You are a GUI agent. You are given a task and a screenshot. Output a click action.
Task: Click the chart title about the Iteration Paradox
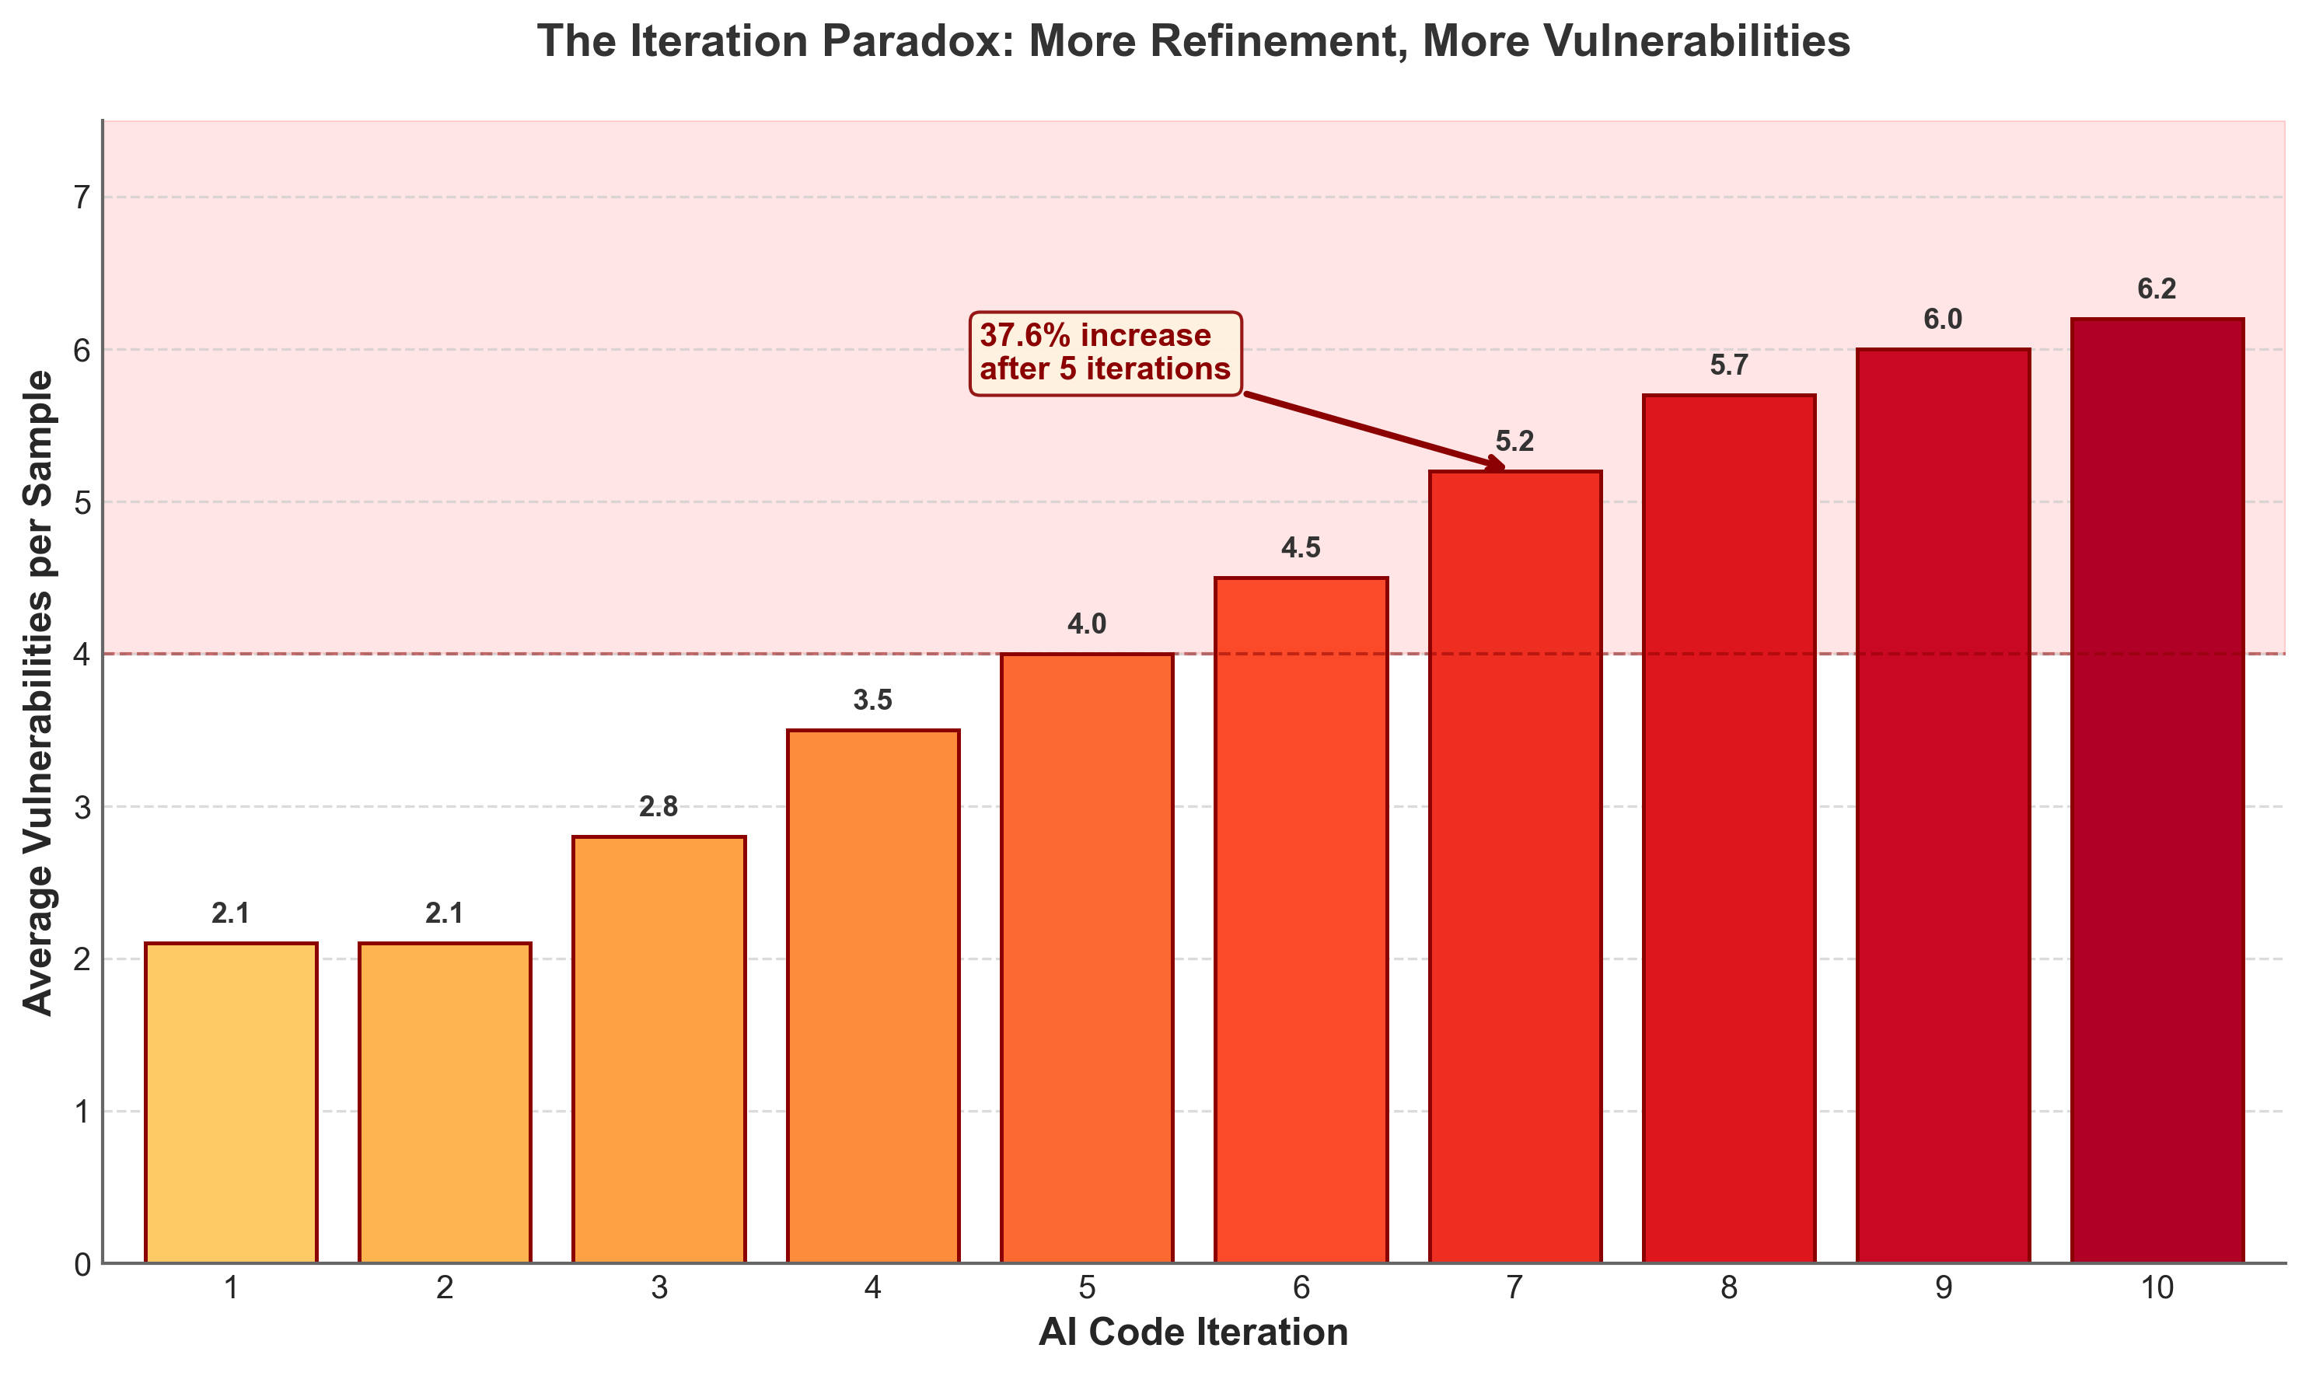(x=1193, y=43)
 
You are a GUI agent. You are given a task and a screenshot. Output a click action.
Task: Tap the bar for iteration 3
(x=658, y=1048)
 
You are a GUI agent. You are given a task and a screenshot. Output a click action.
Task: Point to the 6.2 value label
(x=2157, y=290)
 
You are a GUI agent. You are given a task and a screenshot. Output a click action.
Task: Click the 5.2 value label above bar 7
(x=1515, y=442)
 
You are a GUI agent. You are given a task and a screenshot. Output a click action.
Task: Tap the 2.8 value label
(x=658, y=808)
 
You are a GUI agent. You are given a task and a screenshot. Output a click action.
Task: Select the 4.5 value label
(x=1301, y=549)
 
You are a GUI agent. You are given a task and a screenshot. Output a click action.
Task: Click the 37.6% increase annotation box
(x=1105, y=353)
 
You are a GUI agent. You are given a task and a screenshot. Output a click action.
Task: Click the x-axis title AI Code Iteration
(x=1193, y=1333)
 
